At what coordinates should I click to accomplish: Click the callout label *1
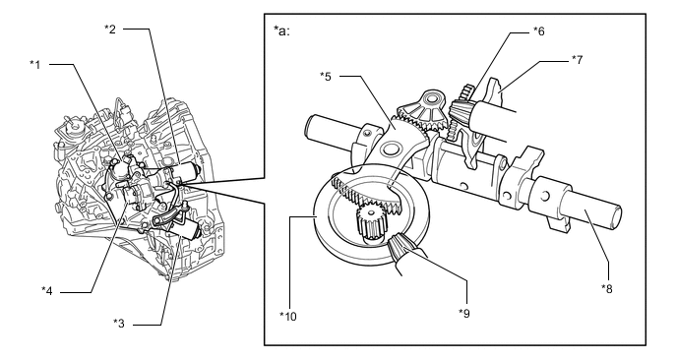click(x=35, y=65)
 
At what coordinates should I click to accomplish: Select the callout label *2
click(x=110, y=30)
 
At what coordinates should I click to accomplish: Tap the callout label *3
click(x=119, y=323)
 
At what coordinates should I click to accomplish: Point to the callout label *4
click(x=47, y=291)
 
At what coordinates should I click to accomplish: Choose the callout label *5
click(x=326, y=77)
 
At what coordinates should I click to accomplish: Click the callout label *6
click(x=539, y=31)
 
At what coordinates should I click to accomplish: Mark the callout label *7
click(x=578, y=60)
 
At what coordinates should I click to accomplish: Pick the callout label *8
click(x=607, y=289)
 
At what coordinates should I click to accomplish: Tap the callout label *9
click(x=464, y=314)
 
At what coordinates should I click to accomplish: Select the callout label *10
click(x=288, y=317)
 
